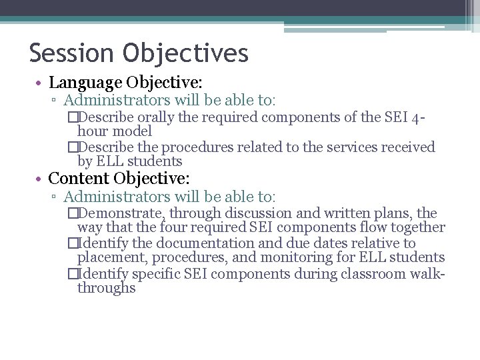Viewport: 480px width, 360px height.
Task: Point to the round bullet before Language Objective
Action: pos(41,83)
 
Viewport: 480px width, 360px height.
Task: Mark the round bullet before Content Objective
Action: pos(41,179)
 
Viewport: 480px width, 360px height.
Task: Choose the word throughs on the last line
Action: pos(107,288)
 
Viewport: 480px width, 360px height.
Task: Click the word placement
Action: pos(109,257)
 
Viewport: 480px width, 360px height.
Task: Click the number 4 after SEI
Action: pos(417,119)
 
